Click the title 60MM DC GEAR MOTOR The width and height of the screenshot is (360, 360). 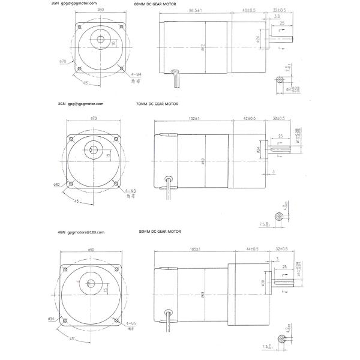156,4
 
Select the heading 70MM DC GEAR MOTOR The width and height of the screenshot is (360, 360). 158,104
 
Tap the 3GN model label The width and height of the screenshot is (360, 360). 61,104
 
